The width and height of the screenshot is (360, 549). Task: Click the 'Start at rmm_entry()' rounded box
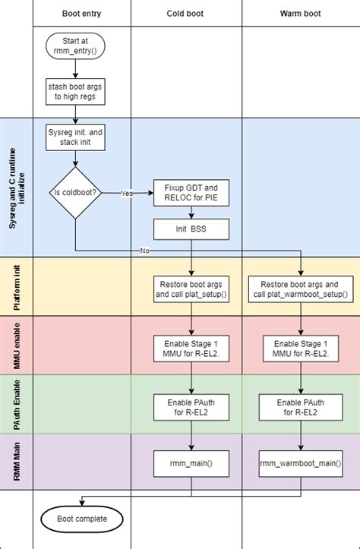75,46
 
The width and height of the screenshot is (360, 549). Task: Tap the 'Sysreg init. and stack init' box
75,137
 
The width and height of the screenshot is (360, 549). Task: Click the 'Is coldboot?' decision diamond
75,193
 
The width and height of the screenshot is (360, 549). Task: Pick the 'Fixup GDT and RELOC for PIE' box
190,192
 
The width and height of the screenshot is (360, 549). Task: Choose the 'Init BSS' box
190,229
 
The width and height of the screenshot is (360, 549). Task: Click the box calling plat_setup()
190,289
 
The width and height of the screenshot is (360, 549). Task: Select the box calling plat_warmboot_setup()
301,289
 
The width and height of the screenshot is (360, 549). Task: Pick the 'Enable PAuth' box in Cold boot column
190,406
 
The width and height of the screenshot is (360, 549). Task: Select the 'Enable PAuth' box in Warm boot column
301,406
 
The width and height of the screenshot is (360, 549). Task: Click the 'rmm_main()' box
190,462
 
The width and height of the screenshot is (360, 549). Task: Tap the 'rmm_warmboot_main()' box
301,462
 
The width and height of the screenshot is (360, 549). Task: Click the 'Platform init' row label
16,286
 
